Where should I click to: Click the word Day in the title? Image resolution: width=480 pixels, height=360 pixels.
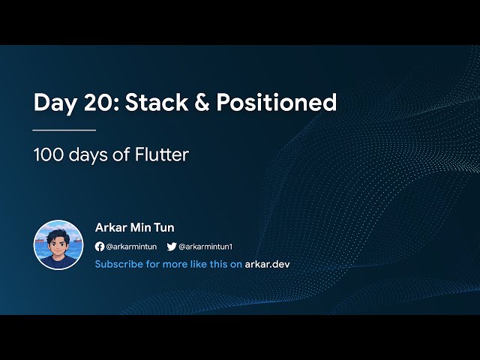(x=55, y=103)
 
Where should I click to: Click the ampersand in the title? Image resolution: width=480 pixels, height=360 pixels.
(x=199, y=103)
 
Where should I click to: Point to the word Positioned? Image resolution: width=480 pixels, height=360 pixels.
(x=277, y=103)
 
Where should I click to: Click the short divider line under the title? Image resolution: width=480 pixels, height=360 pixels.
(x=64, y=130)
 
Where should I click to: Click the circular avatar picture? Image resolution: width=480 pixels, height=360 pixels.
(x=58, y=244)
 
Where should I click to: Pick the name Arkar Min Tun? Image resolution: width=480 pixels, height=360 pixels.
(x=135, y=227)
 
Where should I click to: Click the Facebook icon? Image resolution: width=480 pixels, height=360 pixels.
(x=100, y=246)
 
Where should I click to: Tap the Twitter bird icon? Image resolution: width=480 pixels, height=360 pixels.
(x=171, y=246)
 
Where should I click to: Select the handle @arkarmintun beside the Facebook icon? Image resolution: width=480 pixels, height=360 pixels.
(x=130, y=246)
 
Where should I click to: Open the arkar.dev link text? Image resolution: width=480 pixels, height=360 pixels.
(x=267, y=264)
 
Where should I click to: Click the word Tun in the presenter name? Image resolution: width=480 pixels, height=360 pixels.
(x=164, y=227)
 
